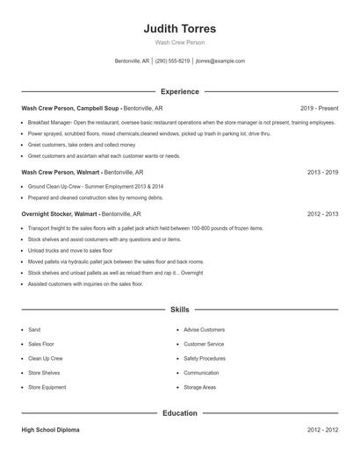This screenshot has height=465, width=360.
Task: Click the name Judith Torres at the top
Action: (x=179, y=29)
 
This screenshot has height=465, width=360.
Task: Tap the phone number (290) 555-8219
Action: (x=173, y=61)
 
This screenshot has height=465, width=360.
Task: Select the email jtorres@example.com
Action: (x=220, y=61)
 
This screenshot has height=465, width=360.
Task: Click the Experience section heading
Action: (x=179, y=91)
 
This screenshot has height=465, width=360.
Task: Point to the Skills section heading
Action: (x=179, y=310)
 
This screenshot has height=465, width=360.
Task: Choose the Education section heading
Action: (x=179, y=413)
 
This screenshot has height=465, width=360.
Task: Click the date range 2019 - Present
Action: (x=319, y=108)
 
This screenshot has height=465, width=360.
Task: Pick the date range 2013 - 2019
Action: (x=322, y=172)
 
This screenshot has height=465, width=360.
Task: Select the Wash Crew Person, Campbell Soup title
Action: (x=70, y=108)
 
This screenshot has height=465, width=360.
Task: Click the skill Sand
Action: (x=34, y=330)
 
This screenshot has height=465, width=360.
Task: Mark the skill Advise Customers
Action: (x=204, y=330)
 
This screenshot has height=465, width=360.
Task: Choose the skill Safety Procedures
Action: (x=205, y=358)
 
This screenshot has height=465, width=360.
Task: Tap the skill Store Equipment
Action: (x=47, y=387)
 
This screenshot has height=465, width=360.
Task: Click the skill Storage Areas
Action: (x=199, y=387)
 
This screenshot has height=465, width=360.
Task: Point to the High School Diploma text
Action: (x=50, y=430)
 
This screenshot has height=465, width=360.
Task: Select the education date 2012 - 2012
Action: (x=322, y=430)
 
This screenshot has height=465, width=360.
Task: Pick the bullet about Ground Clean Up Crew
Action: (x=95, y=187)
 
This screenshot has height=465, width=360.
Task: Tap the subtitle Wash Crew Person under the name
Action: (x=179, y=42)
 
